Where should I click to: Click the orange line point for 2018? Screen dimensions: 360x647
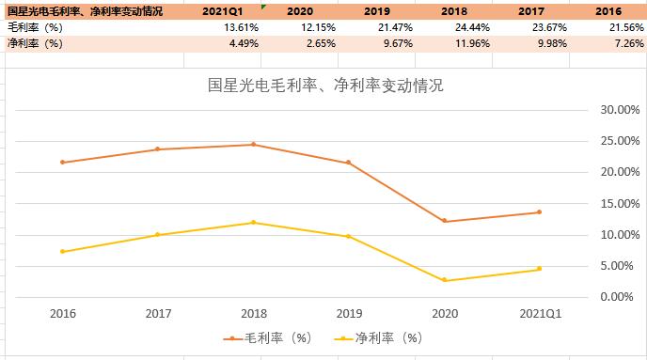pyautogui.click(x=253, y=145)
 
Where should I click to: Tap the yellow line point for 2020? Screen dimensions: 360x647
pyautogui.click(x=444, y=280)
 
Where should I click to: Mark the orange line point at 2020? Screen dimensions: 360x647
pyautogui.click(x=444, y=221)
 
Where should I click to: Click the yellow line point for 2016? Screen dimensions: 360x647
pyautogui.click(x=62, y=251)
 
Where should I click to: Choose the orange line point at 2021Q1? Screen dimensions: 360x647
pyautogui.click(x=539, y=211)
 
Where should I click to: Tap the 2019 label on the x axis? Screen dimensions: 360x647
pyautogui.click(x=348, y=313)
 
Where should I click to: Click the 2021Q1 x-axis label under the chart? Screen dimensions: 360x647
pyautogui.click(x=539, y=313)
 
